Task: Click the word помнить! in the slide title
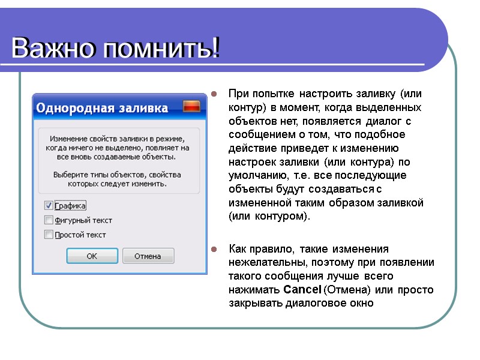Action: [x=160, y=48]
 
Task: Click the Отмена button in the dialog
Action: [x=148, y=256]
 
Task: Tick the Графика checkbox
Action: [x=49, y=205]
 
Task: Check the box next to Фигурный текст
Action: [x=49, y=220]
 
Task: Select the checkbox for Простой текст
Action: [x=49, y=235]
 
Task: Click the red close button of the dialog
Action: [x=191, y=107]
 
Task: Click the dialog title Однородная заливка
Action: [x=102, y=108]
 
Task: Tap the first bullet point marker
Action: [x=213, y=94]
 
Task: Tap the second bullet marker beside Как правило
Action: [x=213, y=249]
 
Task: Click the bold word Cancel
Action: [x=302, y=290]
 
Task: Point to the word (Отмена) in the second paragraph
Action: [x=343, y=290]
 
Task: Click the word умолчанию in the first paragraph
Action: [x=256, y=175]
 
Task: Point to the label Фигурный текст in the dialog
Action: [x=83, y=220]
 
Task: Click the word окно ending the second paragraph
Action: [x=360, y=303]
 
